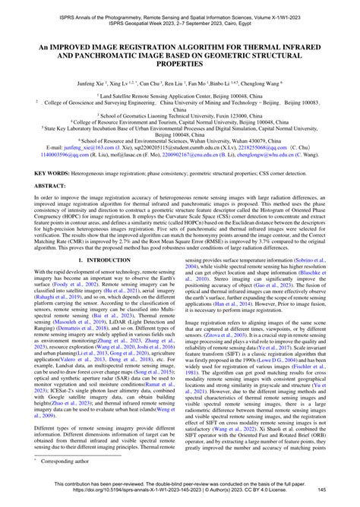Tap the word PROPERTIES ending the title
[180, 65]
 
